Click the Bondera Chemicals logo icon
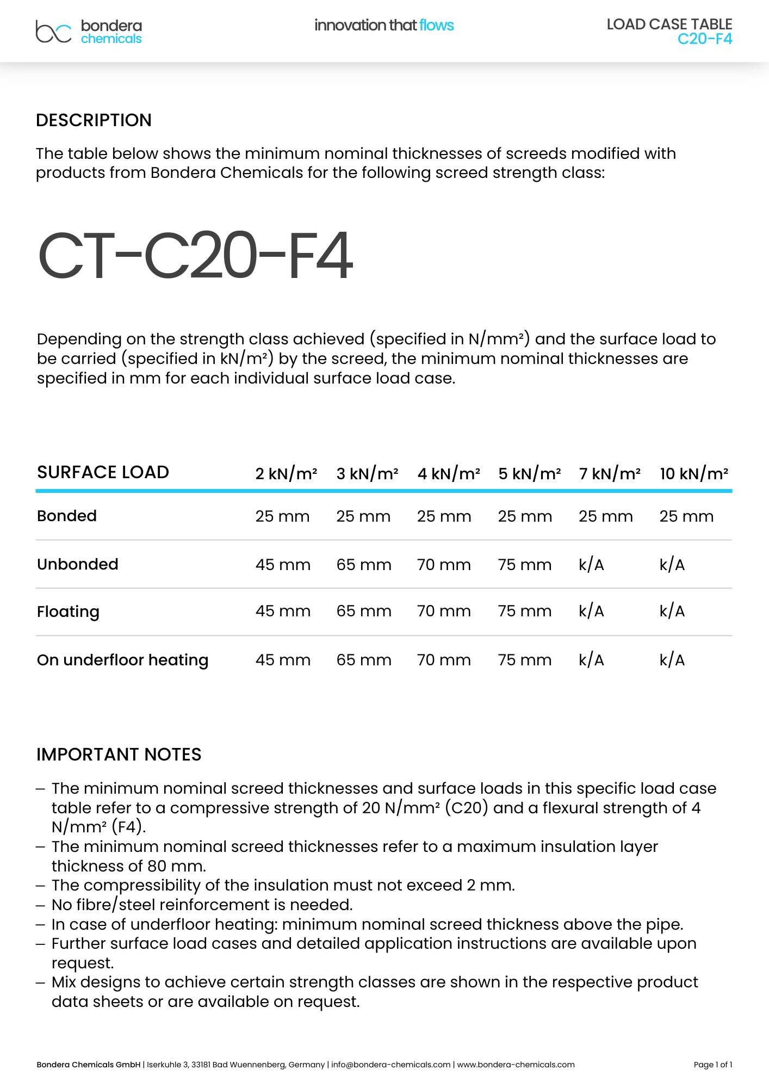(x=53, y=32)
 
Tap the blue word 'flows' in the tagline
(x=436, y=25)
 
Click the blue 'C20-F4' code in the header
(x=704, y=39)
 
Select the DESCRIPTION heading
(x=94, y=120)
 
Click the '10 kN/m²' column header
(x=693, y=474)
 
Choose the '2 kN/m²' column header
(x=286, y=474)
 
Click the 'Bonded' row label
(x=67, y=516)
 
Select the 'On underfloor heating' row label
(x=122, y=660)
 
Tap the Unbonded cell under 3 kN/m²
(x=363, y=565)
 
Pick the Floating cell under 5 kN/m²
(x=524, y=611)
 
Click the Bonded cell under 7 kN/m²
(x=605, y=516)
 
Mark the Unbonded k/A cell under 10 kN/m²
(x=672, y=565)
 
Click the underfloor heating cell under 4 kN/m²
(x=444, y=660)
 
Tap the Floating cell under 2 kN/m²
(x=283, y=611)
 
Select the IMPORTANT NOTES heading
(x=119, y=755)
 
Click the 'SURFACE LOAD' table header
(x=103, y=472)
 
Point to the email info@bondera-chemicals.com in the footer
(x=390, y=1065)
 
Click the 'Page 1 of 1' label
(x=712, y=1065)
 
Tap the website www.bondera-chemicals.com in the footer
(x=516, y=1065)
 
